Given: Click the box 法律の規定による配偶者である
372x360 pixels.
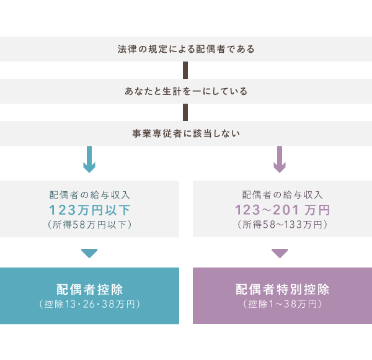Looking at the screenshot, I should pos(186,49).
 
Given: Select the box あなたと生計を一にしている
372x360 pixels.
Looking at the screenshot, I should pos(186,91).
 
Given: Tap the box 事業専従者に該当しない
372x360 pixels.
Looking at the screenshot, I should pos(186,133).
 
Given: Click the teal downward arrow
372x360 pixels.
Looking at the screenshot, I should pos(89,160).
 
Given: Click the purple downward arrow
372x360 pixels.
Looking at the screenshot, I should pos(280,160).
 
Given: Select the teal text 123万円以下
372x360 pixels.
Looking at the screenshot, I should pos(89,209).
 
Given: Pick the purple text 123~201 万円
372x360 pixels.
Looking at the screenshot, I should pos(282,209).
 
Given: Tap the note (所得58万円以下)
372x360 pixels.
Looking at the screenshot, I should pos(89,225).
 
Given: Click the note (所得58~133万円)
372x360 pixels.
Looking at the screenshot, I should pos(282,225).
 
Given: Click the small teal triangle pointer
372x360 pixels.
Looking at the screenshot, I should pos(89,253).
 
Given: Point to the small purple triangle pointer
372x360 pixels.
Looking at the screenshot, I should pos(280,253).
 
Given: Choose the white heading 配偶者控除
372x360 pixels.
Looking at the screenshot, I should pos(89,290).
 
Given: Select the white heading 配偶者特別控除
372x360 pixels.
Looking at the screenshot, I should pos(282,290).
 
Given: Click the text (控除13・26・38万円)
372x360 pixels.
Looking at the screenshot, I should pos(89,304).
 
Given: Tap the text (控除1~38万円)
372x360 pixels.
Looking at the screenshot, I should pos(282,304).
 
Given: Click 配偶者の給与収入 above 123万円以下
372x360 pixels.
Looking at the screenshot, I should pos(89,194).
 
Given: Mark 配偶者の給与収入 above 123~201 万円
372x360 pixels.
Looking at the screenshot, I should pos(282,194).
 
